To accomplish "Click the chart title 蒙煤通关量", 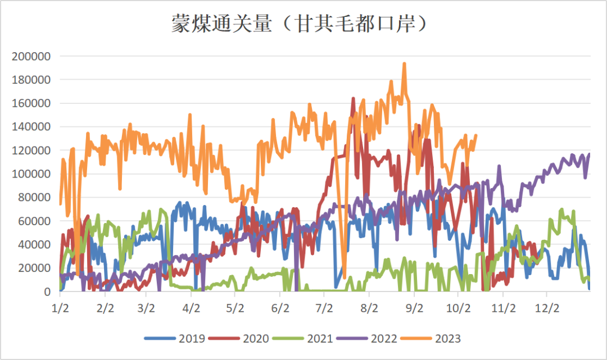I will coord(303,24).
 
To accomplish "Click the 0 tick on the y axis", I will coord(48,291).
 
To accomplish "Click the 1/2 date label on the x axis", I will coord(60,308).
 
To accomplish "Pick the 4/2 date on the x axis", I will coord(191,308).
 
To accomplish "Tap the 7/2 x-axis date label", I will coord(324,308).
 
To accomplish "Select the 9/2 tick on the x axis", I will coord(414,308).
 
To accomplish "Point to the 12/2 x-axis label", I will coord(547,308).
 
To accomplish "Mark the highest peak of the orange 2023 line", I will coord(404,64).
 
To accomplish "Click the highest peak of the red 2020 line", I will coord(354,99).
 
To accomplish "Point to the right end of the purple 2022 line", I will coord(589,154).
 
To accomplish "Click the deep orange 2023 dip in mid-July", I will coord(344,276).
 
